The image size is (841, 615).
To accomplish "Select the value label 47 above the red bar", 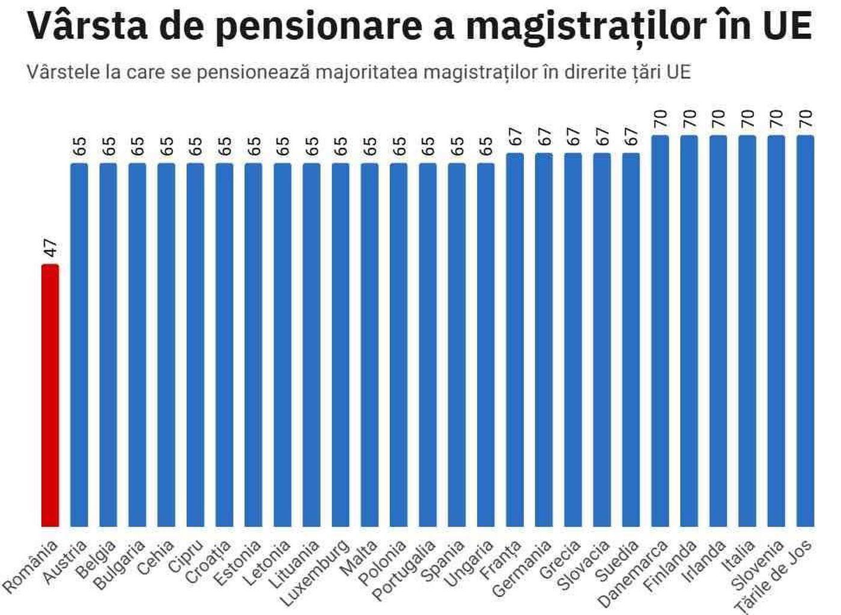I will [x=50, y=248].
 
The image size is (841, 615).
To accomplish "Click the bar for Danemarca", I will [x=660, y=331].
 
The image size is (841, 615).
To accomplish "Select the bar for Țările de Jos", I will [x=805, y=331].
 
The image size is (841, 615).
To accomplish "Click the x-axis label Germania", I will [x=522, y=568].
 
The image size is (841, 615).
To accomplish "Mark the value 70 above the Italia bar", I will [x=747, y=118].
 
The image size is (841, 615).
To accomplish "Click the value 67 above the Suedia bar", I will [x=631, y=137].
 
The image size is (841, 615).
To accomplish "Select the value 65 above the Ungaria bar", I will [x=486, y=147].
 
